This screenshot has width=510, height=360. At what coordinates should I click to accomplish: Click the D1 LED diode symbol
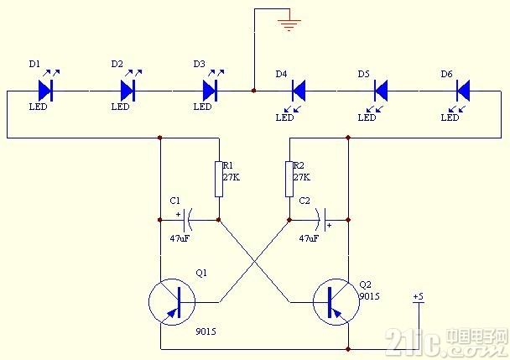point(46,89)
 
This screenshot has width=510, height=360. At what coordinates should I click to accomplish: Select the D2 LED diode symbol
point(128,89)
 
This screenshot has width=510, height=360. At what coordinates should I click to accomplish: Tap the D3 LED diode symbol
point(211,89)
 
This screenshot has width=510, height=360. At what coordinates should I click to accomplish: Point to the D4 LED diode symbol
point(296,89)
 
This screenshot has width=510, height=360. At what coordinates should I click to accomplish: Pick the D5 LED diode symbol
point(379,89)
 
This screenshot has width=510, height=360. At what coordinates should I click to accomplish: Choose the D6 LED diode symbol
point(462,89)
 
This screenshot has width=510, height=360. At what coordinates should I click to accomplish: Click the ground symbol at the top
point(289,23)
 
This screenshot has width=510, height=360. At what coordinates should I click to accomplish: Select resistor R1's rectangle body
point(219,179)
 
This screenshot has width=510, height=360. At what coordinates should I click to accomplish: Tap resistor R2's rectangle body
point(289,179)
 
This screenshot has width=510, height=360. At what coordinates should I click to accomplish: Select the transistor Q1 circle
point(171,303)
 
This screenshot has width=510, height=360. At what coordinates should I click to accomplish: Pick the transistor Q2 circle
point(336,303)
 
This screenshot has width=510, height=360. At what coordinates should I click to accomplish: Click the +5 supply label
point(419,297)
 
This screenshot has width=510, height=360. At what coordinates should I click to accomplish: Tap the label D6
point(446,74)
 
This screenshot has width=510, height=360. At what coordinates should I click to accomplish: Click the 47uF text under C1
point(180,239)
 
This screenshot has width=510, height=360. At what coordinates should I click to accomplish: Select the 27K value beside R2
point(302,177)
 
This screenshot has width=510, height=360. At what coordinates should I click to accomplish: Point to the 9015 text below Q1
point(205,331)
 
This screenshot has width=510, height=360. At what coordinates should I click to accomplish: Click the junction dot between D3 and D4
point(253,89)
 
